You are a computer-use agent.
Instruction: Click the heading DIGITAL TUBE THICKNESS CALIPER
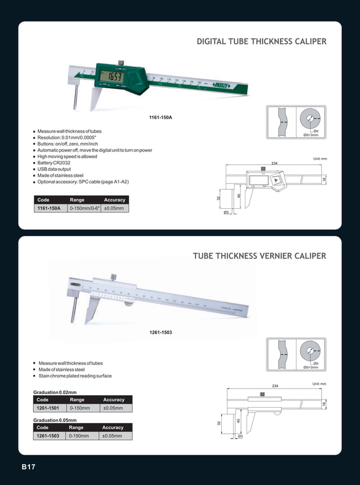pos(261,42)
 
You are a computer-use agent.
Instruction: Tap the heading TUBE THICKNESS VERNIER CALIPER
pos(260,256)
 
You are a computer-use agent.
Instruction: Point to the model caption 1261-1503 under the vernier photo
pos(160,332)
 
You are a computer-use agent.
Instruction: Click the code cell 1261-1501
pos(50,408)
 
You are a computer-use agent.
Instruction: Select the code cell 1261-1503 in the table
pos(50,436)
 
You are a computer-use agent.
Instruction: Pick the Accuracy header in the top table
pos(115,200)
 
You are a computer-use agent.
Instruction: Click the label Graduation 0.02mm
pos(55,392)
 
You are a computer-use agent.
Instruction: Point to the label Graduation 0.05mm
pos(55,420)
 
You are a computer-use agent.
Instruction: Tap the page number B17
pos(28,467)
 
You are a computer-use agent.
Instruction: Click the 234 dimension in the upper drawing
pos(274,163)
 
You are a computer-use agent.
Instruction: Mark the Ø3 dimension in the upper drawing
pos(226,212)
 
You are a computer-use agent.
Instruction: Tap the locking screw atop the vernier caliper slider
pos(113,277)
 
